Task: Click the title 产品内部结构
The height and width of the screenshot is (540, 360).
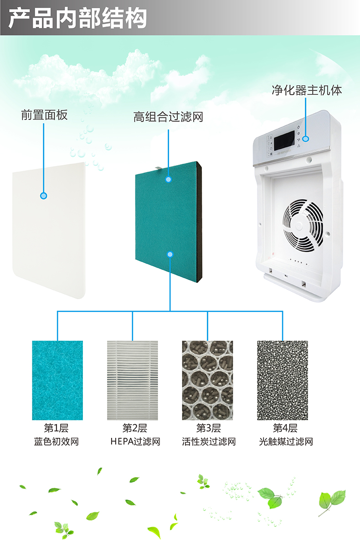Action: tap(78, 19)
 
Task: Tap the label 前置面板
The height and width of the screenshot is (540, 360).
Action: tap(44, 115)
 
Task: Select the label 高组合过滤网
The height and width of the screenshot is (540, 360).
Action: tap(168, 117)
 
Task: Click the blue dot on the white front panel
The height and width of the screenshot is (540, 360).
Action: tap(44, 196)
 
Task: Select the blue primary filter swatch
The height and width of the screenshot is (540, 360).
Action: tap(57, 380)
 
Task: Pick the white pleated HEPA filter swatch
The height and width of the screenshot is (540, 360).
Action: tap(133, 380)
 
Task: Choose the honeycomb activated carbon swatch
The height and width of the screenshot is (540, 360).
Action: tap(207, 380)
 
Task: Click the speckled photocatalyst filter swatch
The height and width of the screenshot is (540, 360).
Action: tap(283, 380)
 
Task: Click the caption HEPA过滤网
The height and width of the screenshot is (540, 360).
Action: tap(135, 442)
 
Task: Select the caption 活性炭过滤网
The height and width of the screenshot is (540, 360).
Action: tap(209, 442)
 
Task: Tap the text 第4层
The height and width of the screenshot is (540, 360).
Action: tap(285, 428)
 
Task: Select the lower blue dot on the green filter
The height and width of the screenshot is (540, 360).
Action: tap(170, 254)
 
